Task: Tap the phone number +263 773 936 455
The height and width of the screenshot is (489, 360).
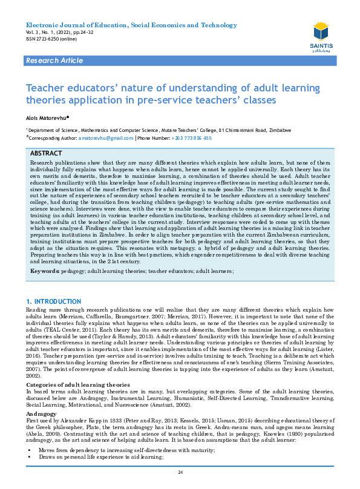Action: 191,138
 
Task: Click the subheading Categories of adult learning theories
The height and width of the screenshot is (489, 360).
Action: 77,368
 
